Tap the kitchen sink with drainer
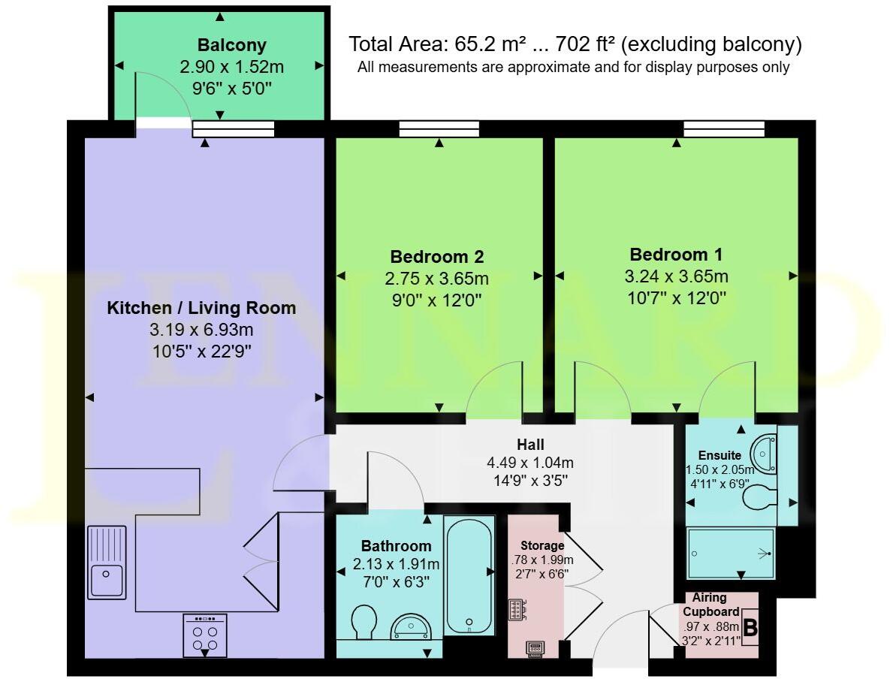(x=107, y=562)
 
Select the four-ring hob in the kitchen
(x=205, y=636)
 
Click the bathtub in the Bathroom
(x=469, y=574)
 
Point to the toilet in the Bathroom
(x=364, y=623)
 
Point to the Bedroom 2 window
(x=439, y=130)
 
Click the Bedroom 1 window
(x=724, y=130)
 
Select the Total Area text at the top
(x=575, y=44)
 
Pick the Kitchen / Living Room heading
(x=201, y=308)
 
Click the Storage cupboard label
(x=543, y=545)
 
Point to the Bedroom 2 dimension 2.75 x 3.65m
(x=436, y=279)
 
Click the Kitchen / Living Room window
(x=234, y=130)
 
